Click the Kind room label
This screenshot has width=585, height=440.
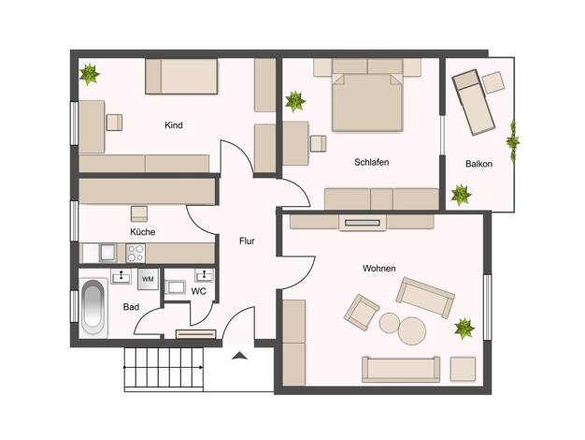(174, 125)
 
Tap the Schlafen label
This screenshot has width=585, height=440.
(372, 162)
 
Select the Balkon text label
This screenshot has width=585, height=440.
(478, 164)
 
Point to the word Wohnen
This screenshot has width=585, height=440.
(379, 269)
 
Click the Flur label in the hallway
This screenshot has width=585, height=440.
(247, 242)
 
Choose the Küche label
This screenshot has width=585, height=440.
(143, 232)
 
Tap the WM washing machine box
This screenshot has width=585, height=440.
(148, 279)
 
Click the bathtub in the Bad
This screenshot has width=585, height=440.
(93, 308)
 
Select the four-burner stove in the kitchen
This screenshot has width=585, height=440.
(136, 253)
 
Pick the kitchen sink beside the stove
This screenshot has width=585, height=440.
(107, 253)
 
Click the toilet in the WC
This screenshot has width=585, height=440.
(176, 287)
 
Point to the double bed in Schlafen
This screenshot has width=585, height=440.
(368, 102)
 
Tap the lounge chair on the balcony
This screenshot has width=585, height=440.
(474, 102)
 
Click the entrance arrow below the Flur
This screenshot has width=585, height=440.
(239, 356)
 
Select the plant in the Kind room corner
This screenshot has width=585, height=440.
(90, 74)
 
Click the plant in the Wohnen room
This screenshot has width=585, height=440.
(464, 329)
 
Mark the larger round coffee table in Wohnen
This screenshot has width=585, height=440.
(412, 330)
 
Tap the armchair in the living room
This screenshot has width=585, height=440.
(362, 312)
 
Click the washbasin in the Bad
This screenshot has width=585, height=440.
(121, 276)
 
